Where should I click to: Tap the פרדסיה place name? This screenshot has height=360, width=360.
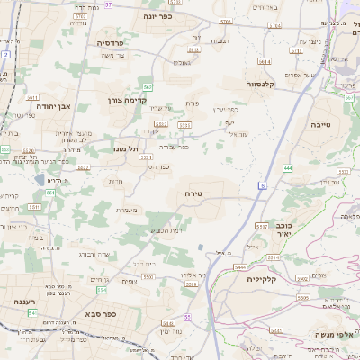pyautogui.click(x=110, y=42)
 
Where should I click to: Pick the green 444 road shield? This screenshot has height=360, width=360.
pyautogui.click(x=287, y=168)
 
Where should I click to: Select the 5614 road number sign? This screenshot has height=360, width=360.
pyautogui.click(x=264, y=62)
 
